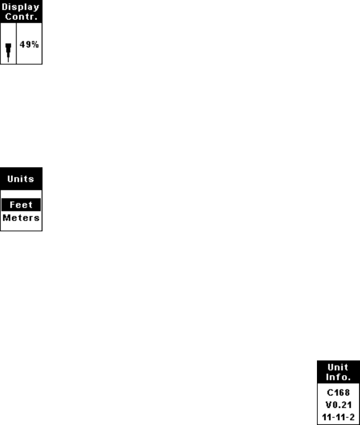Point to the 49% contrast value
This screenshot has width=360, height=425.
click(x=29, y=45)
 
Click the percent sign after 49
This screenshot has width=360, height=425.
click(x=34, y=45)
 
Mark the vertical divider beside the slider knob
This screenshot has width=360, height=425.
click(x=17, y=45)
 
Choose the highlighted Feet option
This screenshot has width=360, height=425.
click(x=22, y=204)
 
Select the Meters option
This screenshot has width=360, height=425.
click(x=22, y=217)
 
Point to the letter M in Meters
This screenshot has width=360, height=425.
click(x=6, y=217)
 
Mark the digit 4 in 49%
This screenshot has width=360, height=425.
click(x=25, y=45)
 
